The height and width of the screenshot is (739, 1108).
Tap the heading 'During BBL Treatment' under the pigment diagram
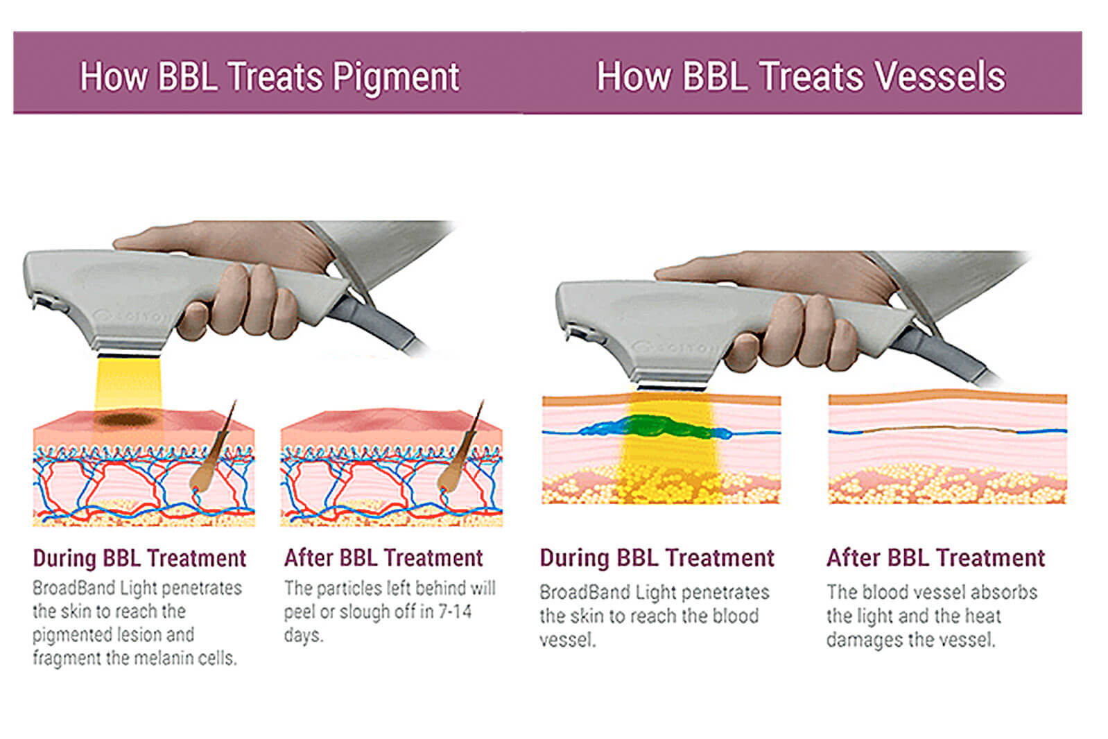139,559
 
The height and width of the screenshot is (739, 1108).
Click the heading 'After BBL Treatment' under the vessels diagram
935,558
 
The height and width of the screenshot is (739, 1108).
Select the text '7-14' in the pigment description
454,611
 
